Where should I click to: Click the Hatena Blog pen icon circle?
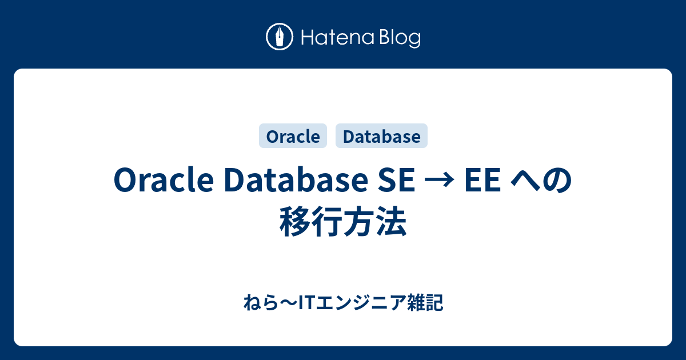point(280,37)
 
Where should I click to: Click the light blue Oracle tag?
point(293,136)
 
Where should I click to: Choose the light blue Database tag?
point(381,136)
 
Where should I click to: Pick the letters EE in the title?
point(482,182)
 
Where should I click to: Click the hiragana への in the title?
point(541,182)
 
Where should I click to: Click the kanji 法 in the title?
point(391,222)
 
